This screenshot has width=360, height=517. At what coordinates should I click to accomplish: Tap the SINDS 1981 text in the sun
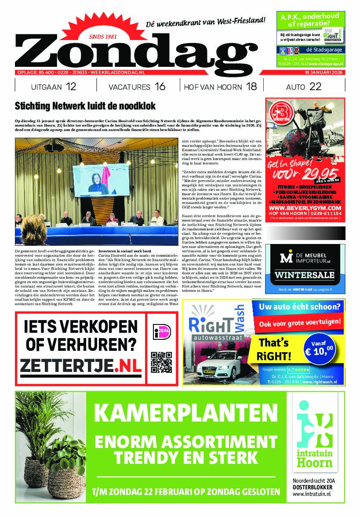coord(102,36)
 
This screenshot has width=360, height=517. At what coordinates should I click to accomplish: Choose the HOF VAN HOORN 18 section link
coord(220,87)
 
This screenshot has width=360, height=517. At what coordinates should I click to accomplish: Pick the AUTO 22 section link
coord(303,87)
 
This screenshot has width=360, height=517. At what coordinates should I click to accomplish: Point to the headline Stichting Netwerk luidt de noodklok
coord(85,106)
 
